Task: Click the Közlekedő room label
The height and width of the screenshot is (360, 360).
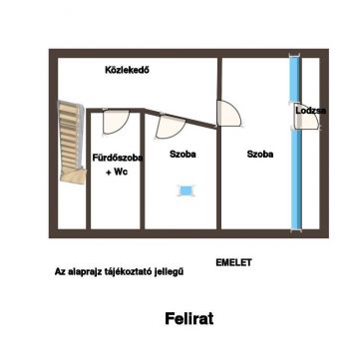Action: click(127, 70)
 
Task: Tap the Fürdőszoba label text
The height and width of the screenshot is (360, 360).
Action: click(118, 158)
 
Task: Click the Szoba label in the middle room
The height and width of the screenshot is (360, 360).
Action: click(182, 155)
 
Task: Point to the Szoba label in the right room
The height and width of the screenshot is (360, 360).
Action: click(260, 155)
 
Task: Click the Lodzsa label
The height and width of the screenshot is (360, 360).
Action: click(311, 111)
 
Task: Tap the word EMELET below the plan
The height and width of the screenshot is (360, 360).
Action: click(233, 262)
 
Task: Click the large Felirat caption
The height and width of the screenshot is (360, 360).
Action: click(189, 319)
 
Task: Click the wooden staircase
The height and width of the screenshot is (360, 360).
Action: click(71, 143)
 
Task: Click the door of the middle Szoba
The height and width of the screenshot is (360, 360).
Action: click(170, 126)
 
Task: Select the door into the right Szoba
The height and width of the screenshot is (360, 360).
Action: click(229, 114)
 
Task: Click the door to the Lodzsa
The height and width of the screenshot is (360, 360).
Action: click(307, 117)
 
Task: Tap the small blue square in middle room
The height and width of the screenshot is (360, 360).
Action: click(185, 190)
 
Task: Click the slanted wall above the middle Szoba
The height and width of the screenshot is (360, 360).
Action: click(180, 118)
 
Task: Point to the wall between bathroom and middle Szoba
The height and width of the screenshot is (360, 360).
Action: click(143, 171)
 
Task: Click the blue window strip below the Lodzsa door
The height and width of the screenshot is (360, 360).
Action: click(296, 180)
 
